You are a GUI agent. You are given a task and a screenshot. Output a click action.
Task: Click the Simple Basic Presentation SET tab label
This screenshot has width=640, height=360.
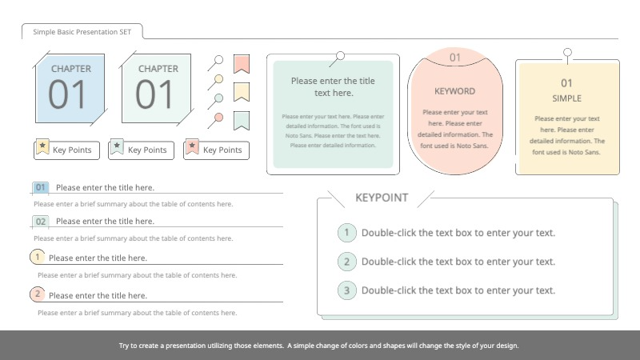(x=82, y=32)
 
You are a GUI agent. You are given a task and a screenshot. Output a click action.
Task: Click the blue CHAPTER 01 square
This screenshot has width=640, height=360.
(x=70, y=88)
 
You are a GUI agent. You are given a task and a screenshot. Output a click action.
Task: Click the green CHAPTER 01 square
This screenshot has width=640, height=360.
(x=157, y=88)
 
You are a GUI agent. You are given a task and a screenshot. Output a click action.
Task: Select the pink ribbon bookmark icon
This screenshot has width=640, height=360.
(x=242, y=63)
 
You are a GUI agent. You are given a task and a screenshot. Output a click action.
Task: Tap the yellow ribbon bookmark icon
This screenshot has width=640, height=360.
(x=242, y=92)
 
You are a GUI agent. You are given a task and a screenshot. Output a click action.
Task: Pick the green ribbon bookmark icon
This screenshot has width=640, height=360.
(x=242, y=121)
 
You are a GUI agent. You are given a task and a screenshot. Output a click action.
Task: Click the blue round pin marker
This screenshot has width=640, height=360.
(x=218, y=98)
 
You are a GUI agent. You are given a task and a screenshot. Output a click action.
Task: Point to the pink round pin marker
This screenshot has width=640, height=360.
(x=218, y=118)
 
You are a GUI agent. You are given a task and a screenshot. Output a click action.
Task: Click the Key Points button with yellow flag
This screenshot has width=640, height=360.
(x=66, y=150)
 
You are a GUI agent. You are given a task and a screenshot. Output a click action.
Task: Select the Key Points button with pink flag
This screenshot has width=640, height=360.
(x=214, y=150)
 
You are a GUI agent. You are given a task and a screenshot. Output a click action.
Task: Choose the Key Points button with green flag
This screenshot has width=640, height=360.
(x=139, y=150)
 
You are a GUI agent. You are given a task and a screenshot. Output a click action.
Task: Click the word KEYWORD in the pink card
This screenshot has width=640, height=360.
(x=454, y=91)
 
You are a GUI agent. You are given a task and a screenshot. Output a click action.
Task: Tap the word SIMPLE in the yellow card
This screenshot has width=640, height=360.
(x=566, y=98)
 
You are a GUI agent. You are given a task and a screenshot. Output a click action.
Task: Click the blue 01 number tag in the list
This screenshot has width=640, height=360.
(x=41, y=187)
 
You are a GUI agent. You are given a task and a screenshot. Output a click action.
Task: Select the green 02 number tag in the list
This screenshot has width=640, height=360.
(x=41, y=221)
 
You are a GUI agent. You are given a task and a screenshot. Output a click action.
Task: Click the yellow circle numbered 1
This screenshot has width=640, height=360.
(x=38, y=257)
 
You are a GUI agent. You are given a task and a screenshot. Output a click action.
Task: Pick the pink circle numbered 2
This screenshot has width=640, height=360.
(x=38, y=294)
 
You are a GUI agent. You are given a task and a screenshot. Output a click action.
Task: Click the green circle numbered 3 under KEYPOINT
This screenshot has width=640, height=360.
(x=346, y=290)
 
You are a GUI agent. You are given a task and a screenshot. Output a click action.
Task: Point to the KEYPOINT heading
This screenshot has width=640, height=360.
(x=382, y=198)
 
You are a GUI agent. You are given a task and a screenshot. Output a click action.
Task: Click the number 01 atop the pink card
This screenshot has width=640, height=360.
(x=454, y=58)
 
